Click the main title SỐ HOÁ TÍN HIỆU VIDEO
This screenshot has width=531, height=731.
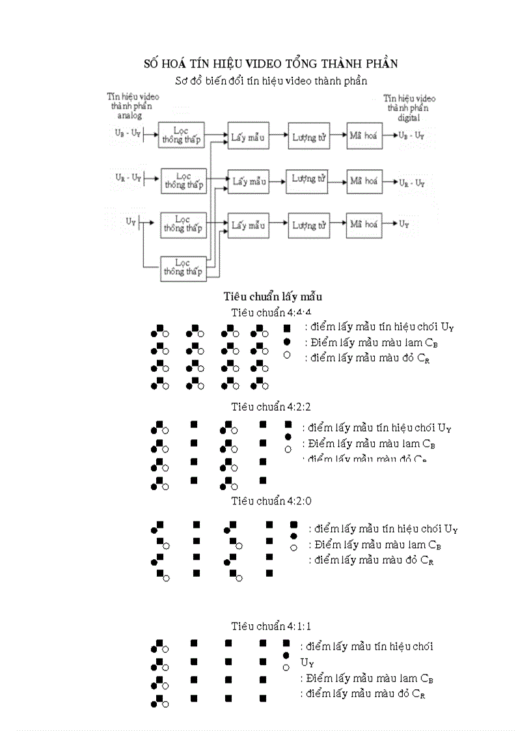point(270,63)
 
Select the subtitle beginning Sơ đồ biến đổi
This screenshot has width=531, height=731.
point(271,81)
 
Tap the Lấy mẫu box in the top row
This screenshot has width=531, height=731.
point(247,136)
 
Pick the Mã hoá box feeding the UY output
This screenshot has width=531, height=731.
point(364,225)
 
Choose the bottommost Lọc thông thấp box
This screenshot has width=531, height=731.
point(184,268)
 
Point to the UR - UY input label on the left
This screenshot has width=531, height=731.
point(128,177)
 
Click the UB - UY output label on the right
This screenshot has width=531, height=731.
point(411,135)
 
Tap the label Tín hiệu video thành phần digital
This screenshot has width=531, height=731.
point(409,107)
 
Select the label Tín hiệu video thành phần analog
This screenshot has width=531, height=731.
point(133,105)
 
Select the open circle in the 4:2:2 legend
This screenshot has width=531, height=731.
point(288,449)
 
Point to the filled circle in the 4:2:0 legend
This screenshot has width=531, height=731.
point(293,535)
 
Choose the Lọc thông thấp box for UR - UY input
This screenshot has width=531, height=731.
point(184,180)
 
